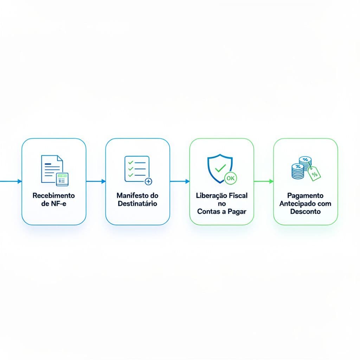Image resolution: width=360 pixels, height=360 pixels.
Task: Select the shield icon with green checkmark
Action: (x=220, y=168)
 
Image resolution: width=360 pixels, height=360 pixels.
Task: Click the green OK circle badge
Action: (x=231, y=178)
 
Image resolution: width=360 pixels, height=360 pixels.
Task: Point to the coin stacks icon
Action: (x=302, y=168)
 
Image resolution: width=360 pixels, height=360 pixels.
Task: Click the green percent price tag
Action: (x=314, y=174)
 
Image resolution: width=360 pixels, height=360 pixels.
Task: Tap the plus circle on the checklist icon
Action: (x=148, y=181)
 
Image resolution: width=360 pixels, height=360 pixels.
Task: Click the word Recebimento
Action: (x=54, y=195)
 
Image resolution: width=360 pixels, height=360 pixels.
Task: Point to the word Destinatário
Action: (x=137, y=204)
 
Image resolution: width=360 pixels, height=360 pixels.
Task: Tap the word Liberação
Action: (x=211, y=195)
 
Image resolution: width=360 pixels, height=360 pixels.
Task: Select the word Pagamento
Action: (x=306, y=196)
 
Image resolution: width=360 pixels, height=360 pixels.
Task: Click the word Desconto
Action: (x=306, y=211)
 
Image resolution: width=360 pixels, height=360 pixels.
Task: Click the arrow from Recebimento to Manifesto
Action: (x=96, y=181)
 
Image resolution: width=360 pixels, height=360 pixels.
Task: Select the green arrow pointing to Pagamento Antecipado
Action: (x=264, y=181)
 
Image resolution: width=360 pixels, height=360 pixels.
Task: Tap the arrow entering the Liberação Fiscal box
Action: (x=180, y=181)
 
